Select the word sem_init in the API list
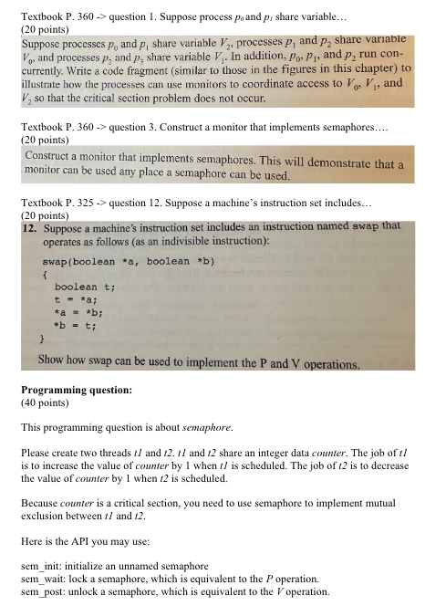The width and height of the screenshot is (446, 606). click(x=37, y=567)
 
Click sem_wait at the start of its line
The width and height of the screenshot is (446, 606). click(x=39, y=579)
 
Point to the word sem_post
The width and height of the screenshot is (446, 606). click(x=39, y=590)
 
